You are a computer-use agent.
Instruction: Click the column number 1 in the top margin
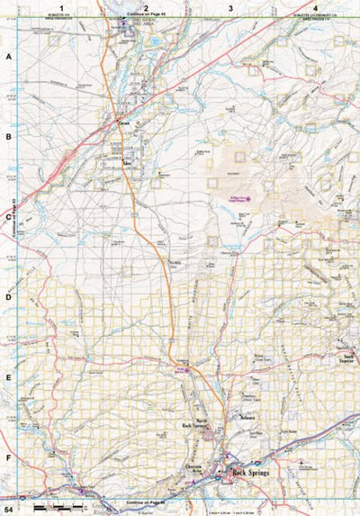(x=61, y=8)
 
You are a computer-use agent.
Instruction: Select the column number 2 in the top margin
(x=146, y=8)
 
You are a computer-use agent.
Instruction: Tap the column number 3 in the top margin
(x=231, y=8)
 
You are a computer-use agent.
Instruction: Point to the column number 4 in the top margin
(x=315, y=8)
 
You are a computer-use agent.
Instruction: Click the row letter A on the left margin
(x=8, y=56)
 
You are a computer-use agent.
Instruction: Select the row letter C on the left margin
(x=8, y=217)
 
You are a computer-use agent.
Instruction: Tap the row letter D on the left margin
(x=8, y=297)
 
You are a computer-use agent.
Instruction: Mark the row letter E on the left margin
(x=8, y=378)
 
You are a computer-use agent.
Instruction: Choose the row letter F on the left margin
(x=8, y=457)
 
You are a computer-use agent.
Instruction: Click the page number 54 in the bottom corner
(x=9, y=509)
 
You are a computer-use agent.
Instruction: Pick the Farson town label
(x=126, y=149)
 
